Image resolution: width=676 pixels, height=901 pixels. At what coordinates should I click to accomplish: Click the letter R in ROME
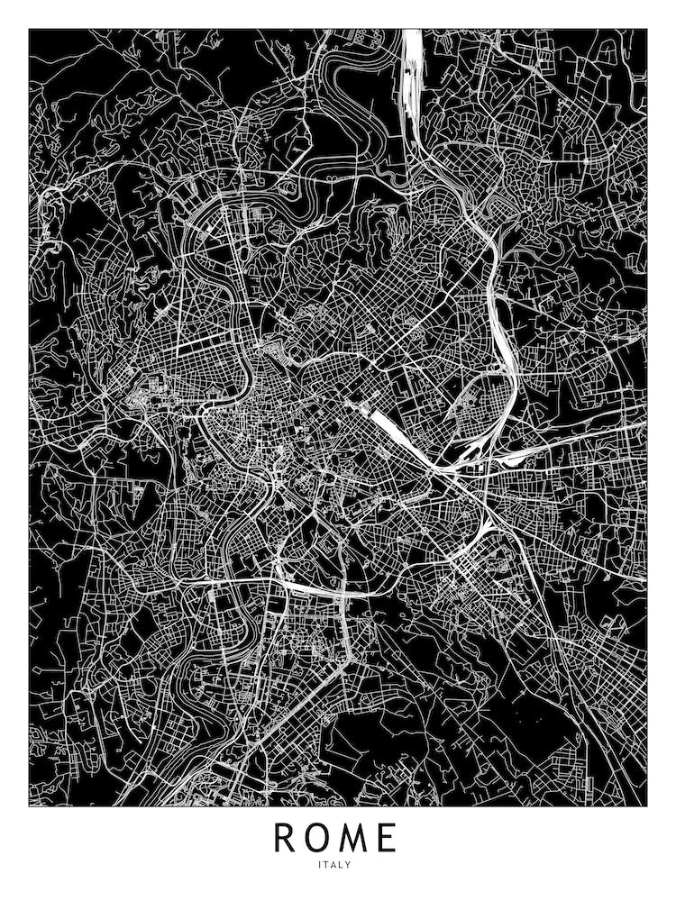(x=286, y=838)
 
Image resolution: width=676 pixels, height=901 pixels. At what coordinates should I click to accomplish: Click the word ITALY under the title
(x=335, y=866)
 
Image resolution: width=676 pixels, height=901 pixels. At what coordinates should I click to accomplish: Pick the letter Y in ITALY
(x=350, y=866)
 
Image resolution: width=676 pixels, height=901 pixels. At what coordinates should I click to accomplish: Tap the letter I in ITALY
(x=320, y=866)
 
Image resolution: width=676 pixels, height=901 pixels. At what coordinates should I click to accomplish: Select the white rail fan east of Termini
(x=469, y=450)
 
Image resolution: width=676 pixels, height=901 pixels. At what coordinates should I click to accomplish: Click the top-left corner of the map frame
(x=29, y=29)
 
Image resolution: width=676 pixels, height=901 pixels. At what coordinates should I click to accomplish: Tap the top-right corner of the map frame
(x=647, y=29)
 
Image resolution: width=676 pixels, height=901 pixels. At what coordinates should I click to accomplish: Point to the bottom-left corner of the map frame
(x=29, y=805)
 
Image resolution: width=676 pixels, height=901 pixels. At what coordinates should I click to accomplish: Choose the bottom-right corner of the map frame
(x=647, y=805)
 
